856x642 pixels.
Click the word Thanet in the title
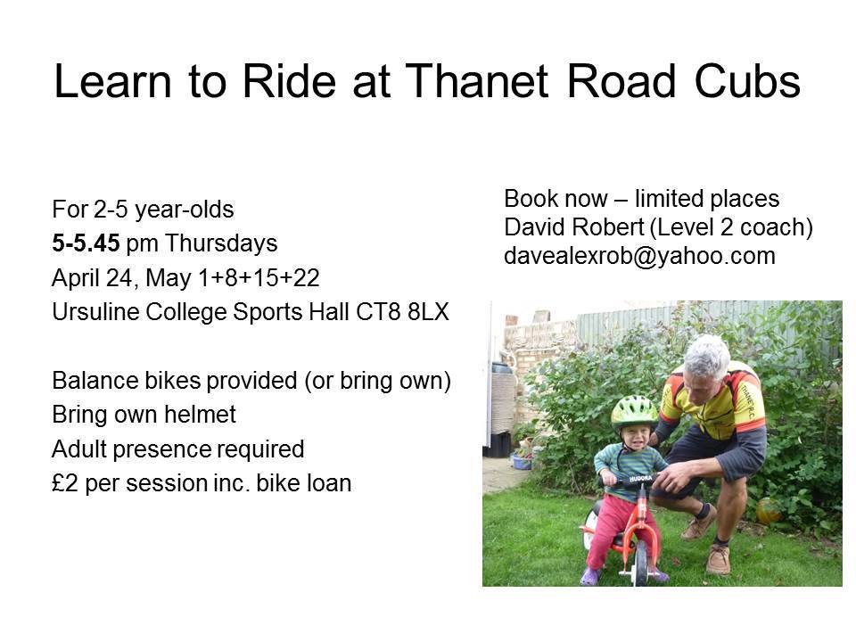(x=476, y=81)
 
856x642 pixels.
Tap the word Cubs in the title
(x=747, y=81)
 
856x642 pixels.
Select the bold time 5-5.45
(x=86, y=243)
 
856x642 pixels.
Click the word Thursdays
(x=221, y=243)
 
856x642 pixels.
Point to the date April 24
(x=92, y=278)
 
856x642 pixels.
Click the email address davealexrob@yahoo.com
(x=639, y=256)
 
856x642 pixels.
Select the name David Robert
(x=573, y=227)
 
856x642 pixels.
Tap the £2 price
(x=65, y=483)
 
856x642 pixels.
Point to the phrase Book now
(x=556, y=198)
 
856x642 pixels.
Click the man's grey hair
(x=707, y=357)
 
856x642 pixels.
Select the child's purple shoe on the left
(x=590, y=577)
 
